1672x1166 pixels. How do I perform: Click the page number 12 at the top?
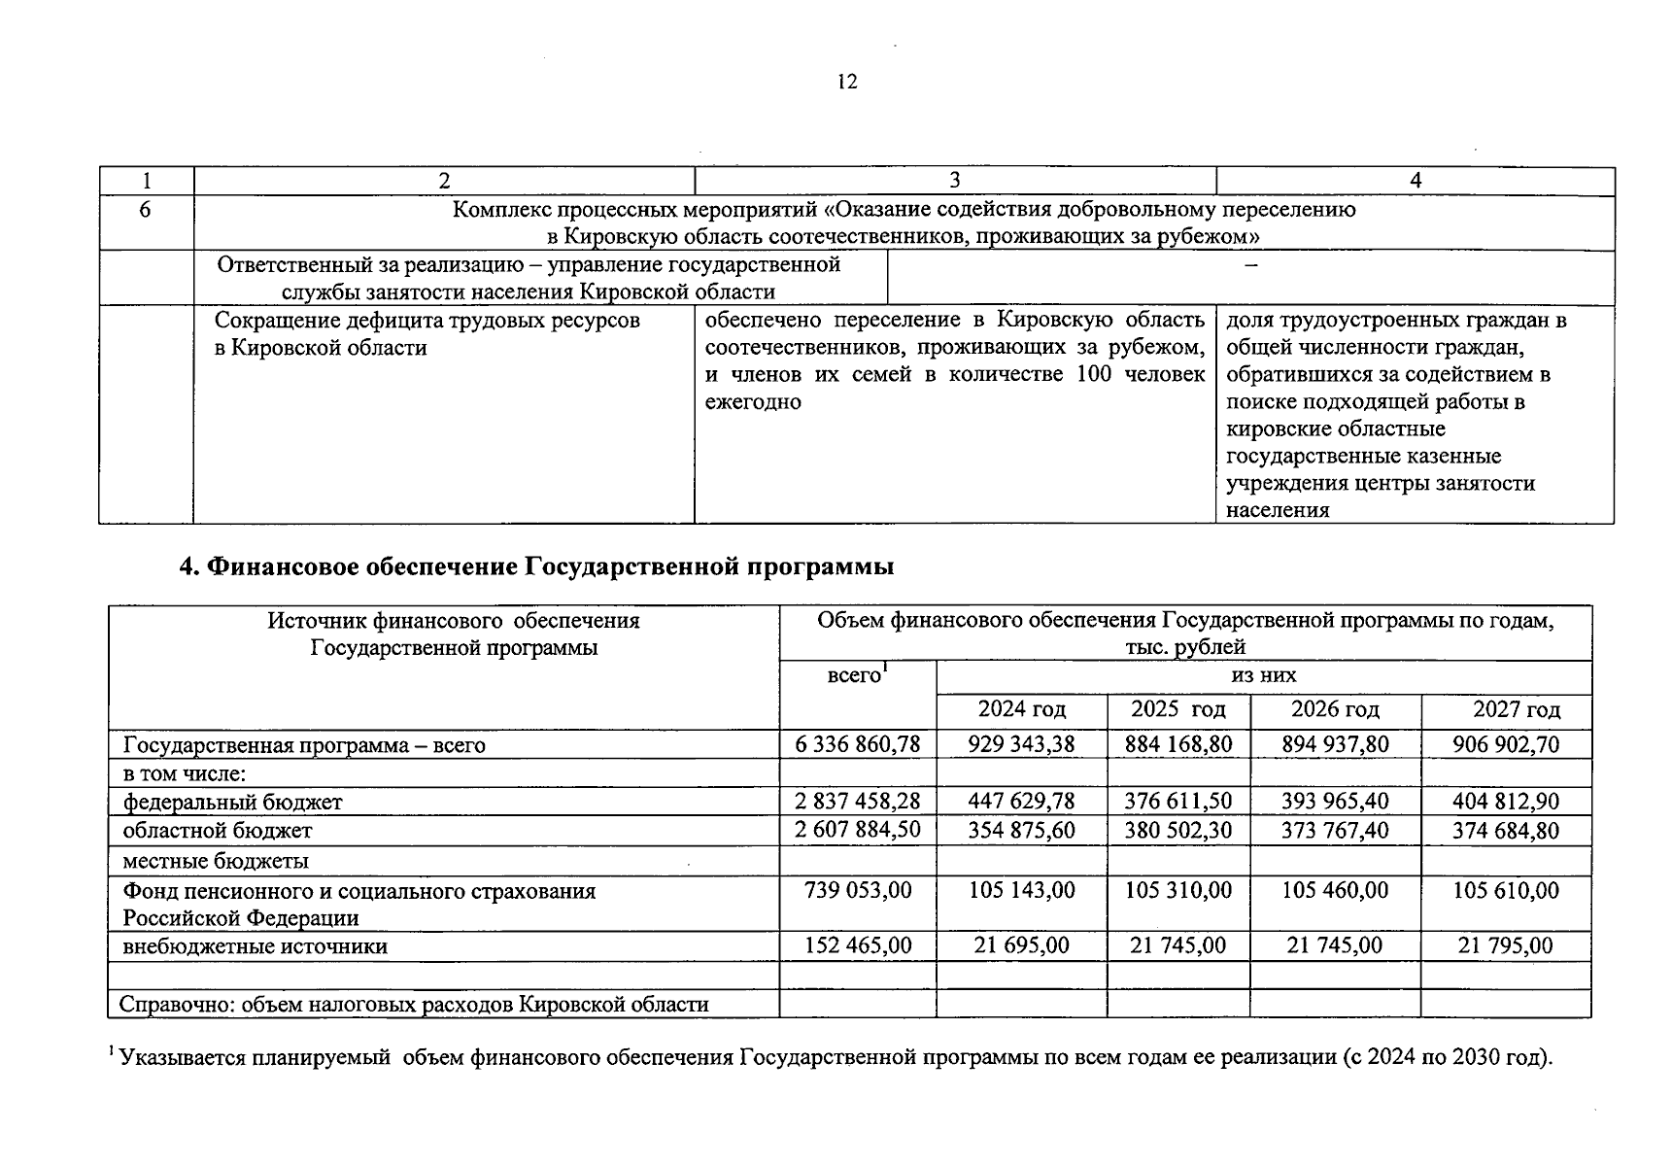pyautogui.click(x=847, y=83)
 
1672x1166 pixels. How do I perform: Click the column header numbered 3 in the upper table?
pyautogui.click(x=954, y=181)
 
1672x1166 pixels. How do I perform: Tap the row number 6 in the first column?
pyautogui.click(x=145, y=209)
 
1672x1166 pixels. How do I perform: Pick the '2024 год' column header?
pyautogui.click(x=1021, y=709)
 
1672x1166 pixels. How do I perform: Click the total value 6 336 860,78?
pyautogui.click(x=857, y=745)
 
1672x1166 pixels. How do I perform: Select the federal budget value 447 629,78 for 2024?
pyautogui.click(x=1021, y=802)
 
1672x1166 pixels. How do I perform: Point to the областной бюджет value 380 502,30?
pyautogui.click(x=1177, y=831)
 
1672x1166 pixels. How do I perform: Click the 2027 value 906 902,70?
pyautogui.click(x=1505, y=745)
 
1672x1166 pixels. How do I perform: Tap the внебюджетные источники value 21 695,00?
pyautogui.click(x=1021, y=946)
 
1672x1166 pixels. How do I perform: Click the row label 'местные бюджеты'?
pyautogui.click(x=216, y=861)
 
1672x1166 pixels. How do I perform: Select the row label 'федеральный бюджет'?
pyautogui.click(x=232, y=803)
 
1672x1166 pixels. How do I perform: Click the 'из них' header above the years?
pyautogui.click(x=1263, y=675)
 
